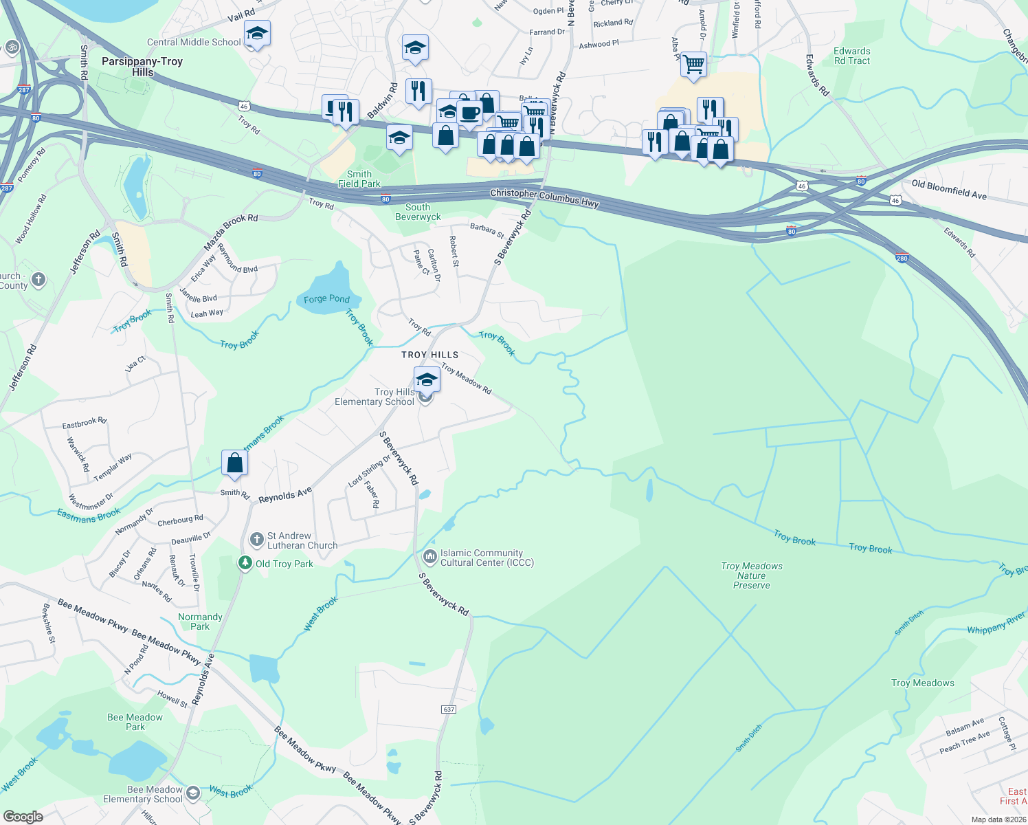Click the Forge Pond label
coord(326,299)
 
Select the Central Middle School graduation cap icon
coord(257,33)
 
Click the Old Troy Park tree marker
coord(245,563)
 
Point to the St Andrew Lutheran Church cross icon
coord(257,540)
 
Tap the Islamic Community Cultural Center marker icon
coord(430,556)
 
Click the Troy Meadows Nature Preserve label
coord(752,575)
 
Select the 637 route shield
coord(449,709)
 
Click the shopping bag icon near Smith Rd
coord(234,462)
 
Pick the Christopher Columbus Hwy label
coord(544,198)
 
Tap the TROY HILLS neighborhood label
coord(429,355)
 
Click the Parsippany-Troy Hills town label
coord(142,67)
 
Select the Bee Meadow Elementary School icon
coord(193,793)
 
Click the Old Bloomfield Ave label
coord(949,190)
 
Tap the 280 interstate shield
coord(902,258)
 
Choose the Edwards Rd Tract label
coord(852,56)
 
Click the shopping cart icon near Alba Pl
coord(694,65)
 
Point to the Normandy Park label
coord(200,621)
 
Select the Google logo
coord(23,816)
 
